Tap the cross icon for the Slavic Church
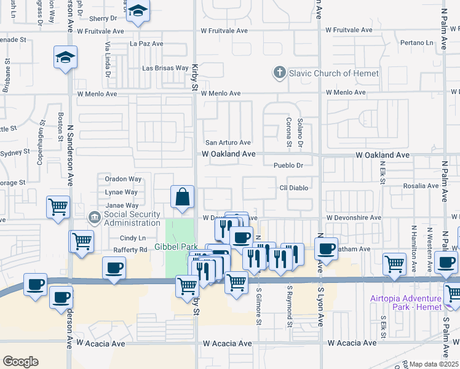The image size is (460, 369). coord(280,73)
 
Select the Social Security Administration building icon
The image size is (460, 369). coord(95,217)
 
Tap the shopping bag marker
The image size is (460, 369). coord(183,197)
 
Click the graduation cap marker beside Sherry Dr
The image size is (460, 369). coord(138,12)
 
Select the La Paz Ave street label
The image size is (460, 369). coord(146,44)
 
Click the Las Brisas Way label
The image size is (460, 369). coord(165,68)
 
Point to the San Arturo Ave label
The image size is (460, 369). coord(228,143)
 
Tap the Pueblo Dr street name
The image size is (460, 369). coord(288,165)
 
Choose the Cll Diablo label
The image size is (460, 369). coord(293,188)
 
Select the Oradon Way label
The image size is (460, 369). coord(123,179)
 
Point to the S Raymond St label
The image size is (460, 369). coord(289,306)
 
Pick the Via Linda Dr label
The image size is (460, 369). coord(107,59)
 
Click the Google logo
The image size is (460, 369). coord(20,362)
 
